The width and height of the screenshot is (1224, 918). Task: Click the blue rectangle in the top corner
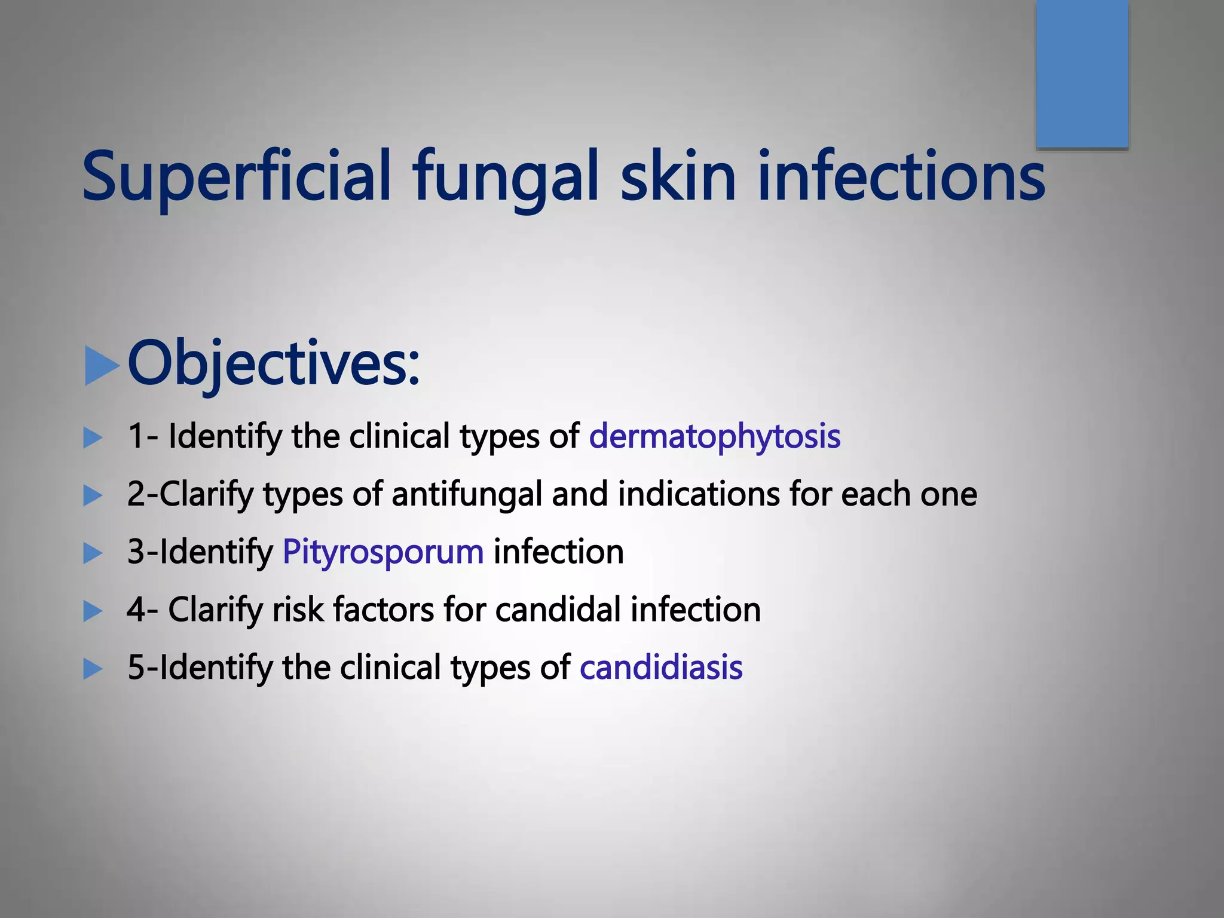(x=1082, y=73)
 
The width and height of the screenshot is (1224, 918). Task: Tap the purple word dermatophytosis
(x=715, y=436)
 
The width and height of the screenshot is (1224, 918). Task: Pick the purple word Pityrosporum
(x=383, y=552)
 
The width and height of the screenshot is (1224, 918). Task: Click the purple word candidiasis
(x=661, y=668)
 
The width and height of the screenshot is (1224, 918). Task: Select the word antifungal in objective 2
(x=466, y=495)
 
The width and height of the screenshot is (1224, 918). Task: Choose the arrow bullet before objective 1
(x=93, y=437)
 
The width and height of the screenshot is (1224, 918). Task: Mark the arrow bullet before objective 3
(x=93, y=553)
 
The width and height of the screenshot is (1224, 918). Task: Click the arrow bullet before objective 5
(x=93, y=669)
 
